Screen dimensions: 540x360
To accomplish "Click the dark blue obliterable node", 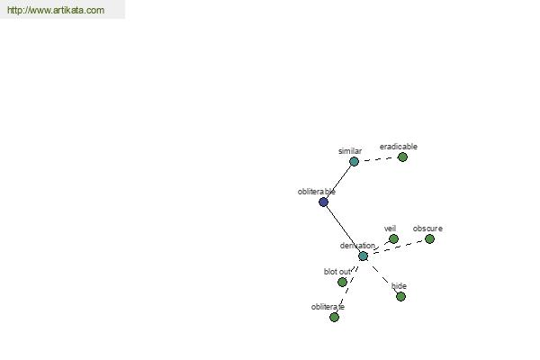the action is (323, 202).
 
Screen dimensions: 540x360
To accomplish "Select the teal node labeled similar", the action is (354, 161).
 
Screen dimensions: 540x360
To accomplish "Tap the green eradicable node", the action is (402, 157).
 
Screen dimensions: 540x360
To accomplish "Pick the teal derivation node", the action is (363, 256).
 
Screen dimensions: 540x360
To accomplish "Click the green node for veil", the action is (393, 238).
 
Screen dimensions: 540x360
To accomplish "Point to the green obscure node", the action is (429, 238).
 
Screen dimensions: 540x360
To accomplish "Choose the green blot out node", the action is (342, 282).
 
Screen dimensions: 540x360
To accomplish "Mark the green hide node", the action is (400, 296).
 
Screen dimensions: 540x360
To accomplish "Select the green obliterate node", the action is (334, 317).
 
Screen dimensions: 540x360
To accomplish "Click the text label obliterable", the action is (317, 192).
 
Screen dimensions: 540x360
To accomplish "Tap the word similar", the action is (350, 151).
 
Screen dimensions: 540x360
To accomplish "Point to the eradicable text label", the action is (399, 147).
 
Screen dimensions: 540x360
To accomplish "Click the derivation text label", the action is (357, 246).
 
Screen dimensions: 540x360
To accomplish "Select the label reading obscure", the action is (427, 229).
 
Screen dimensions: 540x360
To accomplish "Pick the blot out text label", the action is (337, 272).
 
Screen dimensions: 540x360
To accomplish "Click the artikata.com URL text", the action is (56, 10).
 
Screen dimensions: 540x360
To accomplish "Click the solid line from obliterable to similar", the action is (338, 182).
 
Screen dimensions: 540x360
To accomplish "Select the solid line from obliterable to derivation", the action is (343, 229).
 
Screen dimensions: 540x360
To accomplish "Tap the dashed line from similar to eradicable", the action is (378, 159).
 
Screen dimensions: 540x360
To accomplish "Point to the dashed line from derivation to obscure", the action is (396, 247).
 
